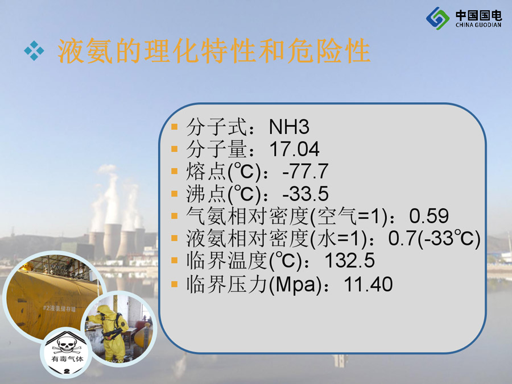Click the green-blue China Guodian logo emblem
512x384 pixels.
437,18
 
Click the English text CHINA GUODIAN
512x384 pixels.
478,25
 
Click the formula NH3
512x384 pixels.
289,127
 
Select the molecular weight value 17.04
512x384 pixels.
294,149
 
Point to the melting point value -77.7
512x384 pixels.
305,171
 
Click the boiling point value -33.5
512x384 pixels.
305,193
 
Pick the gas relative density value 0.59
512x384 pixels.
429,216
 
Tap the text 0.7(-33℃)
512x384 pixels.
434,238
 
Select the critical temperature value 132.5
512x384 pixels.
350,261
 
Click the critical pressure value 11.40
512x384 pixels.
368,284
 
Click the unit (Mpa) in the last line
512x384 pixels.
295,285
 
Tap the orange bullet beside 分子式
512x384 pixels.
175,127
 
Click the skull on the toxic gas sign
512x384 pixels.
67,345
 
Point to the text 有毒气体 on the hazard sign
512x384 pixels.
67,359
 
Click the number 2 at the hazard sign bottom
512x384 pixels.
67,371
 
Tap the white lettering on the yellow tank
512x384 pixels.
59,308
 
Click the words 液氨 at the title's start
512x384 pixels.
85,51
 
